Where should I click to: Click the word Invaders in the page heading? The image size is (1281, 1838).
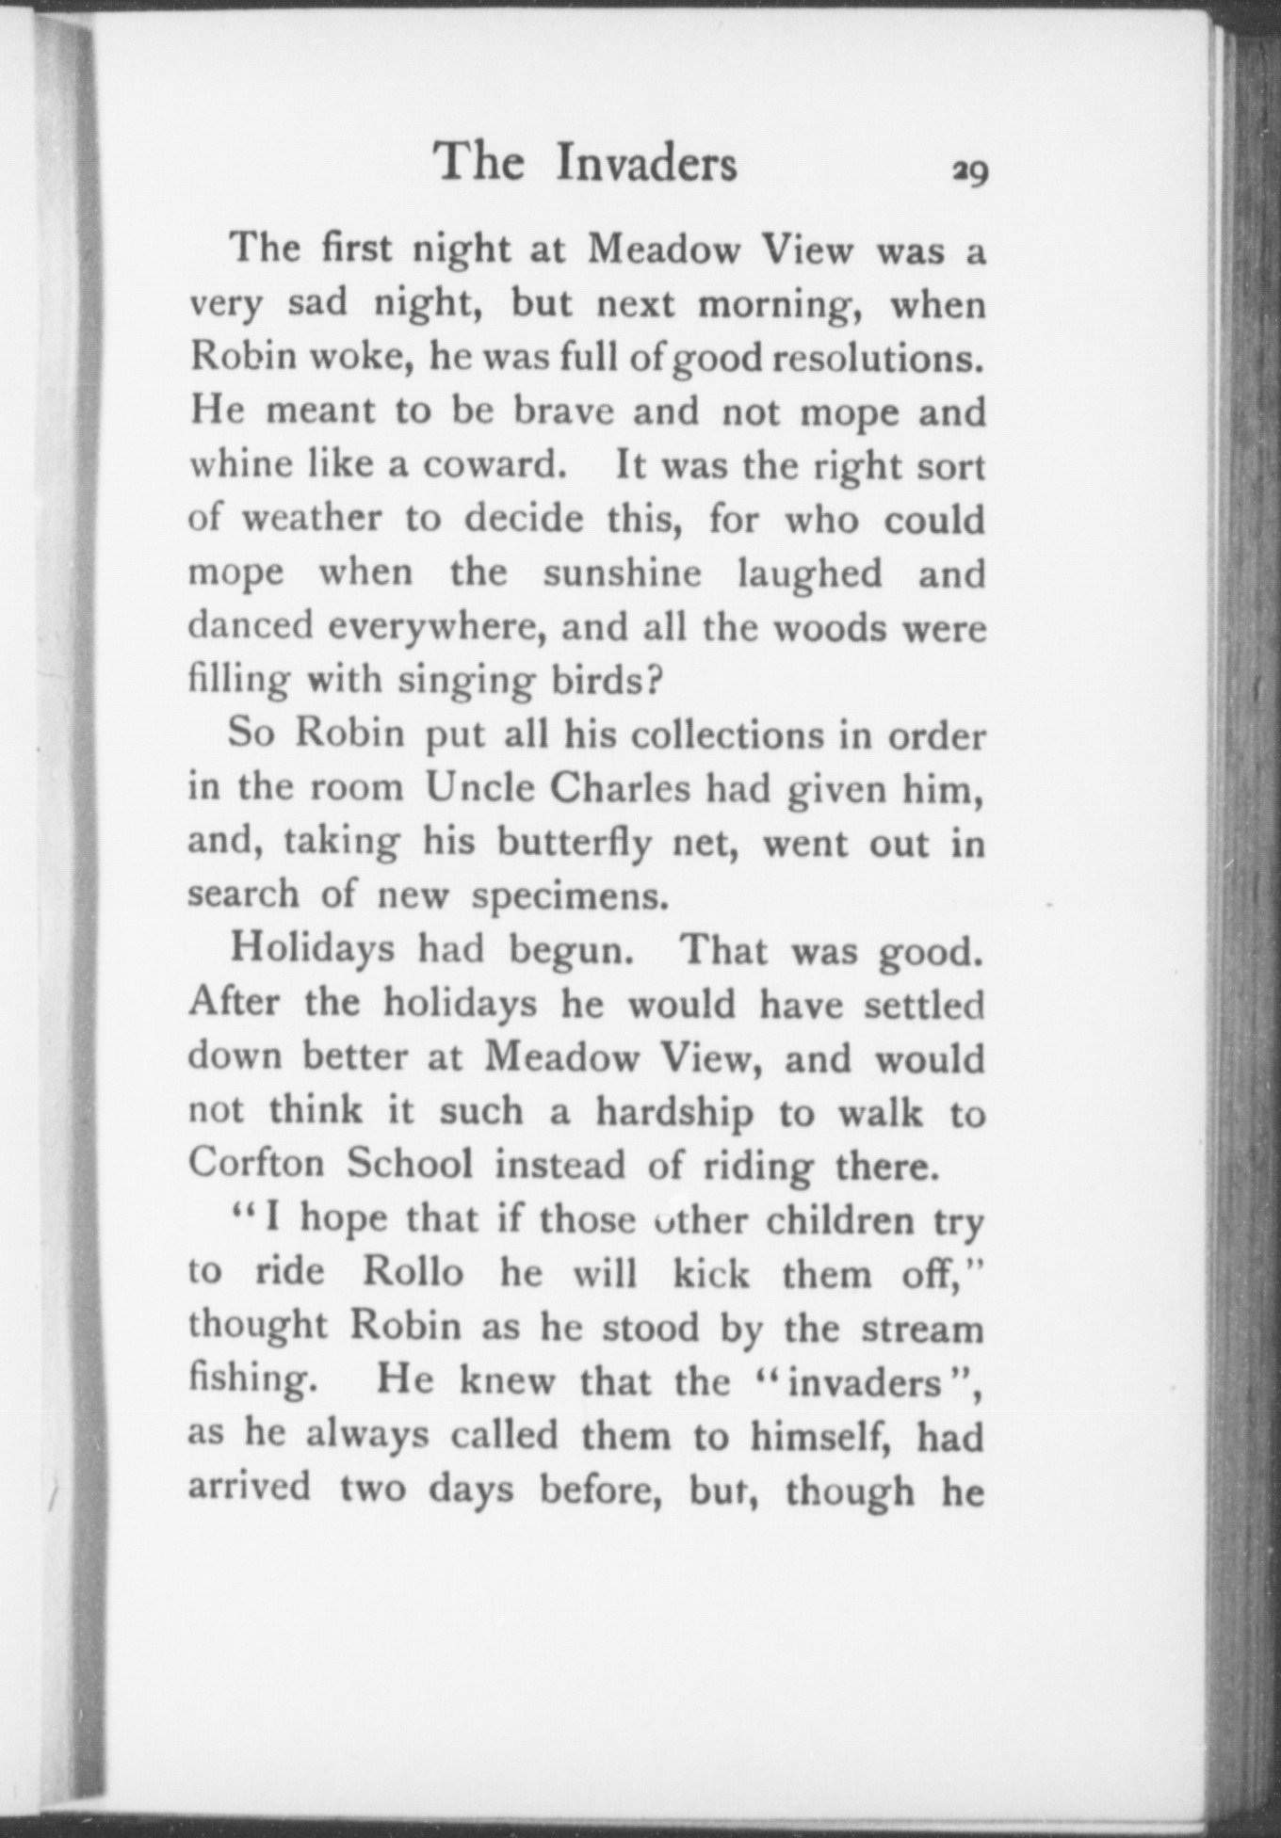(645, 163)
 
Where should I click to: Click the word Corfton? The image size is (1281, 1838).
(256, 1165)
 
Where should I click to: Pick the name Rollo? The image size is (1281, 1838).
(413, 1273)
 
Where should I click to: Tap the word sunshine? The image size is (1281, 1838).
(622, 573)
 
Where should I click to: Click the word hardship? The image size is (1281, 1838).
(674, 1113)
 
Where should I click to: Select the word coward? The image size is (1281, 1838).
(502, 465)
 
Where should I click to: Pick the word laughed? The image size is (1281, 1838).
(810, 573)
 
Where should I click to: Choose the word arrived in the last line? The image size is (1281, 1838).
(250, 1489)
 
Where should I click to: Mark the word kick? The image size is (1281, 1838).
(711, 1273)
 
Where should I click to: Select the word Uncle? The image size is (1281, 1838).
(479, 788)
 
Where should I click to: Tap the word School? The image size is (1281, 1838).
(410, 1165)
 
